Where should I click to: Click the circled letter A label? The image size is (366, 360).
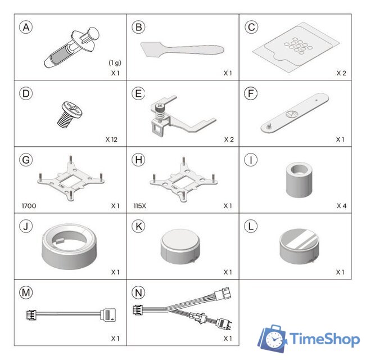26,27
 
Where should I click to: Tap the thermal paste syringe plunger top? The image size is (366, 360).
93,33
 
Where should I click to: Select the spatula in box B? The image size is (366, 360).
182,49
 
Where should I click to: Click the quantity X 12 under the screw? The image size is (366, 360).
111,139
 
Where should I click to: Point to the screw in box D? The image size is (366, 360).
70,115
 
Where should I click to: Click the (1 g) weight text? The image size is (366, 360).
115,62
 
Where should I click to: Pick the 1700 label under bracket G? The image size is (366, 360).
29,206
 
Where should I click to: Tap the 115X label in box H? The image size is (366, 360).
140,206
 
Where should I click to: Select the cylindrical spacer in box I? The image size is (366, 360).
299,180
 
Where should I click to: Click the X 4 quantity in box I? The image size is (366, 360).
341,206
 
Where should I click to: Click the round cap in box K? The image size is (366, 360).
180,246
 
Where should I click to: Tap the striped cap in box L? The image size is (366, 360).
299,246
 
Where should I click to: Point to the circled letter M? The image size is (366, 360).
26,292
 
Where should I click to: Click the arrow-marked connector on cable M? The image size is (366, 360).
107,315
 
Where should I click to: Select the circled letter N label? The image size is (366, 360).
138,292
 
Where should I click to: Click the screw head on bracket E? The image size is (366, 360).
160,106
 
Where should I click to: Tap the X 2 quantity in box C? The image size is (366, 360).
341,73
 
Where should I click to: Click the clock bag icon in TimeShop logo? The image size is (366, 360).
273,339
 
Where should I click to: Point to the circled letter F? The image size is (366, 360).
251,93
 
